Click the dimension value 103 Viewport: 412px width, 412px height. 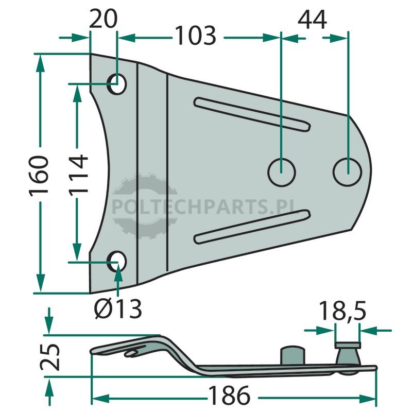pyautogui.click(x=196, y=36)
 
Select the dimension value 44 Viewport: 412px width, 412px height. pyautogui.click(x=313, y=20)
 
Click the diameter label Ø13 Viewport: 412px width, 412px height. pyautogui.click(x=118, y=308)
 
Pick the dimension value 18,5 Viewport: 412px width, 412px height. pyautogui.click(x=342, y=311)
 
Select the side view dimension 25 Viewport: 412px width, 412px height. pyautogui.click(x=50, y=357)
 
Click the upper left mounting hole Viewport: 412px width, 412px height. pyautogui.click(x=117, y=84)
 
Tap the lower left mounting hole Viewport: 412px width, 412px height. pyautogui.click(x=117, y=262)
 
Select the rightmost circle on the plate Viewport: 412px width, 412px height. pyautogui.click(x=347, y=172)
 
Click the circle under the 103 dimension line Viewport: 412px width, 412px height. pyautogui.click(x=281, y=173)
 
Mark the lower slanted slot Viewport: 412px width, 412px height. pyautogui.click(x=252, y=227)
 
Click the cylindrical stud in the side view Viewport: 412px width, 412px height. pyautogui.click(x=293, y=356)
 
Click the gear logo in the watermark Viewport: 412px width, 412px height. pyautogui.click(x=145, y=207)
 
